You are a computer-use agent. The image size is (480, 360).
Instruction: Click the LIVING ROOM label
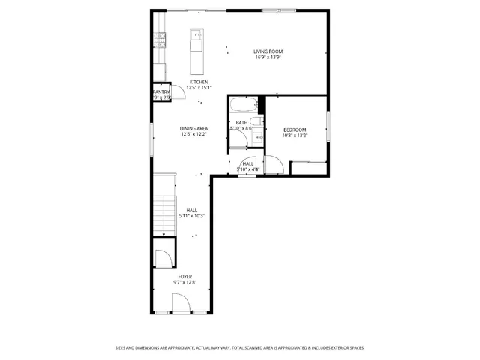pyautogui.click(x=268, y=52)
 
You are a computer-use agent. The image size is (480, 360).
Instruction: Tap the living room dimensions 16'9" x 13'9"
pyautogui.click(x=268, y=58)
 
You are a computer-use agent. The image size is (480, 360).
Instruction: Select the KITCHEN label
pyautogui.click(x=199, y=82)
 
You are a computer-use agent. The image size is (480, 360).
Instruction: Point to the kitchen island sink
pyautogui.click(x=196, y=34)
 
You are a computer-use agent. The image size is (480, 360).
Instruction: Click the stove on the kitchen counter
pyautogui.click(x=159, y=40)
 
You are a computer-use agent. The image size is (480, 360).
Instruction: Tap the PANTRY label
pyautogui.click(x=161, y=91)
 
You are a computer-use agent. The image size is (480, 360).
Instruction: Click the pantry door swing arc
pyautogui.click(x=169, y=95)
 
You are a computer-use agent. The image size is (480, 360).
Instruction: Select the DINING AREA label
pyautogui.click(x=193, y=129)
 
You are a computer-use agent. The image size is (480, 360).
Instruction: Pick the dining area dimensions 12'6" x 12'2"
pyautogui.click(x=193, y=135)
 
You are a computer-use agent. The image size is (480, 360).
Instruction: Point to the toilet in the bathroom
pyautogui.click(x=256, y=122)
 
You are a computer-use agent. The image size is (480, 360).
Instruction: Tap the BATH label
pyautogui.click(x=241, y=123)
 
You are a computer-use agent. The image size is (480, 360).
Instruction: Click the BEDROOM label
pyautogui.click(x=294, y=130)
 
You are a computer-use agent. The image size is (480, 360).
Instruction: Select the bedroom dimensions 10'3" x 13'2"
pyautogui.click(x=294, y=136)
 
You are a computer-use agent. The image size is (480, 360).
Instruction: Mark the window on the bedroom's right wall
pyautogui.click(x=328, y=124)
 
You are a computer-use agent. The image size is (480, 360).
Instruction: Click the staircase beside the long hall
pyautogui.click(x=163, y=214)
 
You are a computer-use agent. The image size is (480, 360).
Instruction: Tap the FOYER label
pyautogui.click(x=184, y=277)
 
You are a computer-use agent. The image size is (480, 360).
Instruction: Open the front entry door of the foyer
pyautogui.click(x=181, y=304)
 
